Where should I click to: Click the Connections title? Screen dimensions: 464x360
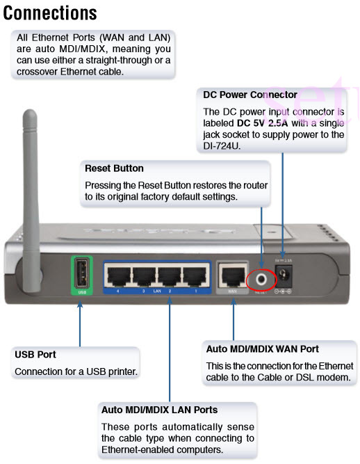(50, 13)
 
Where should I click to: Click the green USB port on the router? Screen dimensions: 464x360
(81, 273)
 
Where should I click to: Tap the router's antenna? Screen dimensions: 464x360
(31, 167)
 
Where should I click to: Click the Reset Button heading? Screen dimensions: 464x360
(114, 168)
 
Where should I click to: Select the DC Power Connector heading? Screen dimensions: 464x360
(249, 95)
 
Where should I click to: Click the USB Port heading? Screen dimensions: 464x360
(35, 354)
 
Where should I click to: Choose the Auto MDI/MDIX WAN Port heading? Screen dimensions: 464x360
(262, 349)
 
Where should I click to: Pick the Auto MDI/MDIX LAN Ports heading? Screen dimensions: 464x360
(159, 410)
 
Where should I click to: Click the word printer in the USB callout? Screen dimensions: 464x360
(122, 371)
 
